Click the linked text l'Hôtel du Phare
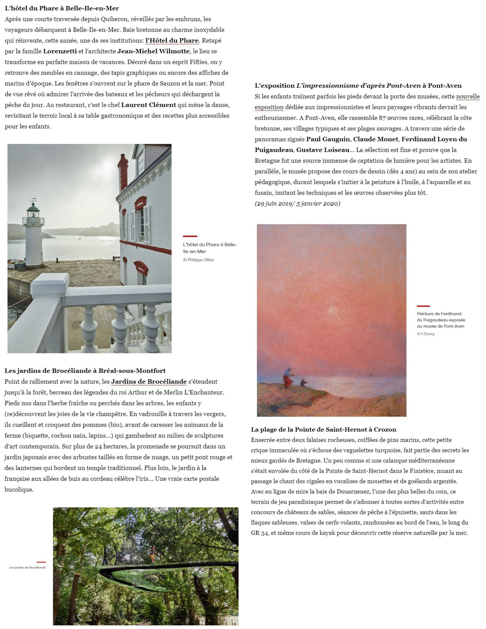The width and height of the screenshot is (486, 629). click(x=172, y=41)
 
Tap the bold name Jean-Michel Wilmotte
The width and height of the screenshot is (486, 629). click(x=153, y=51)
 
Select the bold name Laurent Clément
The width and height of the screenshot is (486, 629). click(x=148, y=105)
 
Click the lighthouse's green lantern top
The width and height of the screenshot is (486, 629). click(x=33, y=206)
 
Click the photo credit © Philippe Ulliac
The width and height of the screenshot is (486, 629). click(x=198, y=260)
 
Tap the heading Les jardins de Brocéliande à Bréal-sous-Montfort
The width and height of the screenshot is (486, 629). click(x=85, y=371)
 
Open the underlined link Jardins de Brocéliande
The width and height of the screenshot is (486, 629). click(x=149, y=382)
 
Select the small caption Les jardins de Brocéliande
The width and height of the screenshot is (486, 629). click(x=27, y=567)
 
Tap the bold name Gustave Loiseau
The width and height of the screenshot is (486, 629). click(x=323, y=150)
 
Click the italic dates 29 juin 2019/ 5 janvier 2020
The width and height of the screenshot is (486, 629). click(x=297, y=204)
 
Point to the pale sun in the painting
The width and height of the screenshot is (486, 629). click(x=333, y=309)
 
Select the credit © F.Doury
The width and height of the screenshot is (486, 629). click(x=425, y=334)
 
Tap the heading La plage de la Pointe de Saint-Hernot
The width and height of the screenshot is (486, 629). click(x=324, y=429)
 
